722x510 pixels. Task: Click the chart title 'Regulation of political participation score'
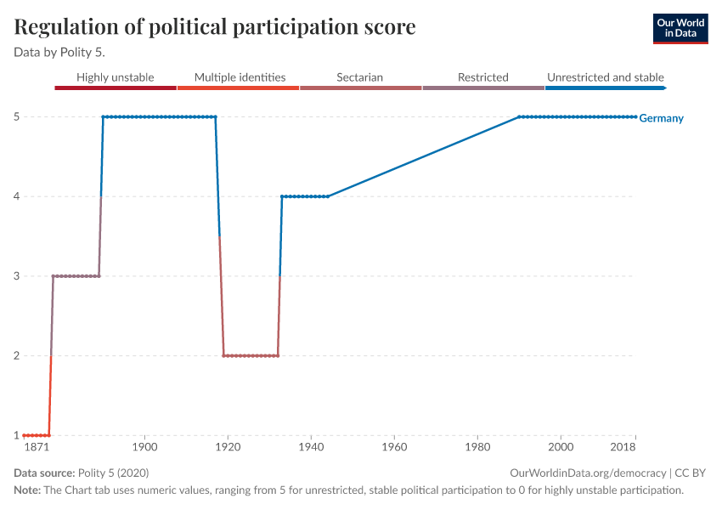215,27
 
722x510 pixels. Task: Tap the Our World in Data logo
680,28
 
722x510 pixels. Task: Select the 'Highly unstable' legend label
115,77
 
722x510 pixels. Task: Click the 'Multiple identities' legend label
240,77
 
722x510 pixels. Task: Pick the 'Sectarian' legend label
359,77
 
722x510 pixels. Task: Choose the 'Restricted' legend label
482,77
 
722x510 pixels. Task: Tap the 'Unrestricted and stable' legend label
606,77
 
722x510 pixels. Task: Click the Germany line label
661,118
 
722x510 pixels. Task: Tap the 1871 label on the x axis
37,447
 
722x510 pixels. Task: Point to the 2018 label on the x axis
624,447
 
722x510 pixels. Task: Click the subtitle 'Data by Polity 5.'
59,52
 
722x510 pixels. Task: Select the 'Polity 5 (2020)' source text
114,473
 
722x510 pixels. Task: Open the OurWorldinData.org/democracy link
588,473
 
